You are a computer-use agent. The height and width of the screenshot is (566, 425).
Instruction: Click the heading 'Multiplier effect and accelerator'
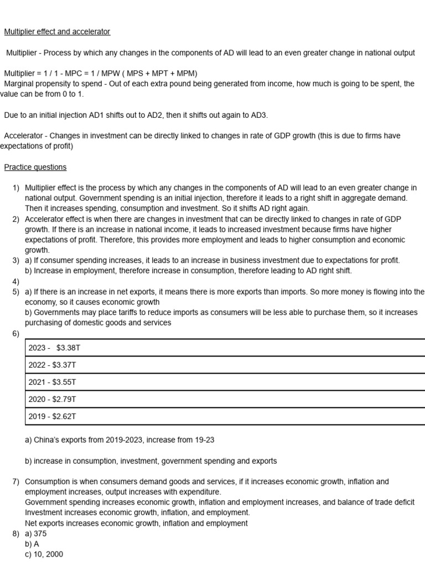click(57, 32)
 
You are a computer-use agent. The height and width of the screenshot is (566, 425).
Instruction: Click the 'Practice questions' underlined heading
click(35, 167)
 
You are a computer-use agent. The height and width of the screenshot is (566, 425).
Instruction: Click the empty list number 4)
click(15, 281)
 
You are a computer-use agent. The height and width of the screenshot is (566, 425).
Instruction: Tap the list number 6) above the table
click(15, 333)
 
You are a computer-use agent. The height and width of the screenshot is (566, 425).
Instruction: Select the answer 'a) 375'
click(36, 534)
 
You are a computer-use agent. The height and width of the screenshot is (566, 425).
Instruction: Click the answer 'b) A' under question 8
click(32, 544)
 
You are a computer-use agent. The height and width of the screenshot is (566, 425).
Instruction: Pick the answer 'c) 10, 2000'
click(44, 554)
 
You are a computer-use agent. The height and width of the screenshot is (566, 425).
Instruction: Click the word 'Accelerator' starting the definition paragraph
click(24, 136)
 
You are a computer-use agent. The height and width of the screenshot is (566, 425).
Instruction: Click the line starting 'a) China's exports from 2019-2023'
click(120, 440)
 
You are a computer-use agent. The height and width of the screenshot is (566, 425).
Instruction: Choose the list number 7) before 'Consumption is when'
click(15, 482)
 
